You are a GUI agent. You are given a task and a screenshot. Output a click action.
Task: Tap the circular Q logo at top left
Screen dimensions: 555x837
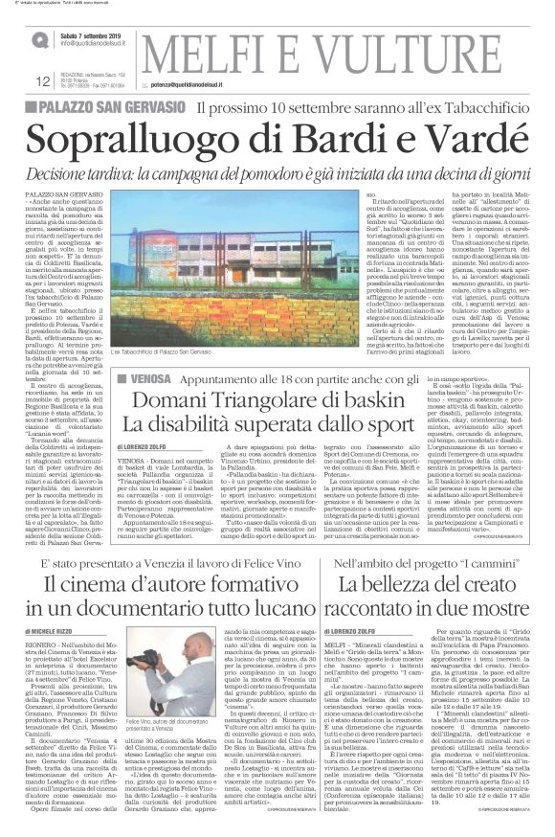[39, 40]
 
